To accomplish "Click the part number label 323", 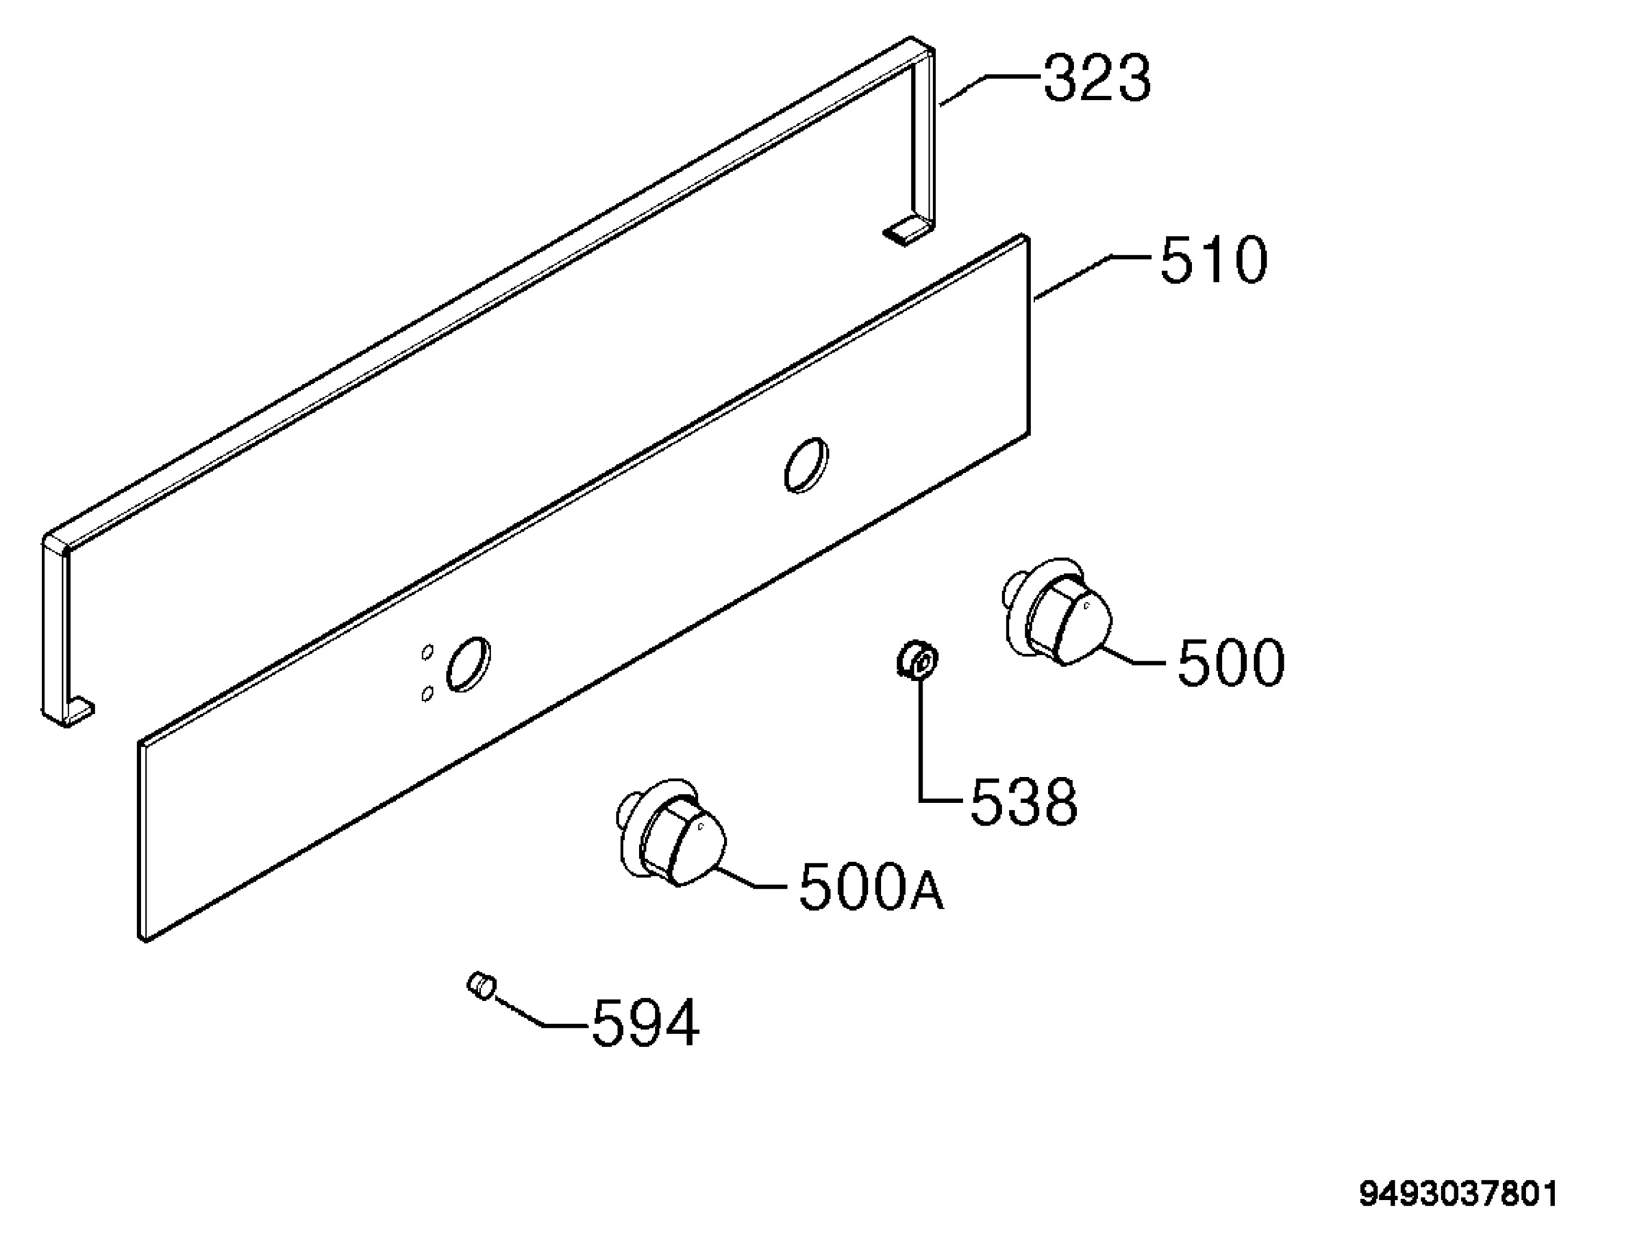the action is (x=1097, y=79).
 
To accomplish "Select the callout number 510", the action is (x=1214, y=260).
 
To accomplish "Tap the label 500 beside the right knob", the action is (x=1231, y=663).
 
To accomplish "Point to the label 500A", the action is (x=871, y=887).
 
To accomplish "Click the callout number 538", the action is (x=1024, y=801).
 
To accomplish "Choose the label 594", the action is (x=645, y=1022).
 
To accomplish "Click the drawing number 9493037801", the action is (x=1459, y=1195).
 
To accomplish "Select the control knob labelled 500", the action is (x=1057, y=611).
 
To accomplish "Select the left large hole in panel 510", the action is (x=469, y=665).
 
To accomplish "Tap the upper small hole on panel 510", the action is (x=427, y=652).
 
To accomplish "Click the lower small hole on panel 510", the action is (x=427, y=694).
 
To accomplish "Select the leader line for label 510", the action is (x=1091, y=277).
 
